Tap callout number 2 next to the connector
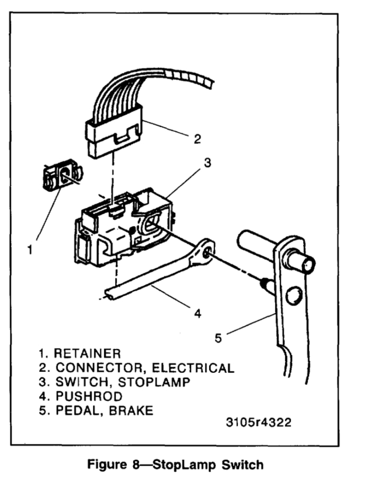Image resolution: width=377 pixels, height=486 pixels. [x=197, y=139]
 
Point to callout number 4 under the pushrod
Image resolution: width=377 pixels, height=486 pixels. [x=198, y=313]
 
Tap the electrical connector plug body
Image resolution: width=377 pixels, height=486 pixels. [x=114, y=138]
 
